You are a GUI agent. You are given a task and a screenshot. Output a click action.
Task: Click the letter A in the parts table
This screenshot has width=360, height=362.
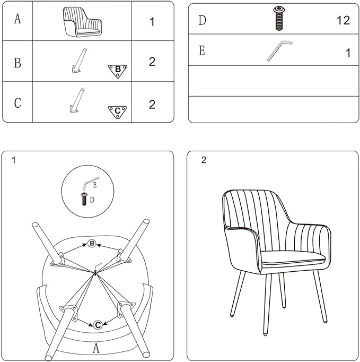17,19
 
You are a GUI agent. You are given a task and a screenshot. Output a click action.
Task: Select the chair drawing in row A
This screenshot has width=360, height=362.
82,22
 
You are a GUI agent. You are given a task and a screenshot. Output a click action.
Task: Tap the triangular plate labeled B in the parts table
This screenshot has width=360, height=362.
117,71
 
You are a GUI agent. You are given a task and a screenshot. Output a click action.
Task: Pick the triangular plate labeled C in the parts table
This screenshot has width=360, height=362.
117,112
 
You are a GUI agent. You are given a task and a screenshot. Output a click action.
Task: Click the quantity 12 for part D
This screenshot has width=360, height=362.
343,20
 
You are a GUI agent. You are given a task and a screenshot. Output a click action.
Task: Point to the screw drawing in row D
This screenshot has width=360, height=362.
279,19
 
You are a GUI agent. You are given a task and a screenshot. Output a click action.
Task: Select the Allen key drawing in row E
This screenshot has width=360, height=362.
279,51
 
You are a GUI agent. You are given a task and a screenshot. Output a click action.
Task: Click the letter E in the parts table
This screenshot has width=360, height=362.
202,50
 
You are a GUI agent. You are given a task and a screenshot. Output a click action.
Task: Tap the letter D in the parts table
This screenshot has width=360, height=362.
202,20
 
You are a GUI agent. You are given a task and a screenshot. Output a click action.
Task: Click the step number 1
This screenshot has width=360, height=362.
14,160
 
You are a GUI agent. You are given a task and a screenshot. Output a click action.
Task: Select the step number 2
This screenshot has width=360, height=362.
204,160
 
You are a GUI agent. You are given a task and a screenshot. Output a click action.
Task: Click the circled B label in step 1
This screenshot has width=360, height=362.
92,243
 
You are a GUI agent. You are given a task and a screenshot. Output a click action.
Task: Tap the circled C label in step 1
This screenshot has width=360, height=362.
98,325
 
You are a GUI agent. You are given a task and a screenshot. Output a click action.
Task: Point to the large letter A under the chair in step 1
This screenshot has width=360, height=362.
96,348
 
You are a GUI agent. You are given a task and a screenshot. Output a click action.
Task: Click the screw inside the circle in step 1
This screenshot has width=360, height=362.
84,199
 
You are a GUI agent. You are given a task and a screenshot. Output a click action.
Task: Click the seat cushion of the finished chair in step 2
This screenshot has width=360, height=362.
293,258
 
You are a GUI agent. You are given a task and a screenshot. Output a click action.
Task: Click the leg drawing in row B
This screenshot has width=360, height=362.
79,61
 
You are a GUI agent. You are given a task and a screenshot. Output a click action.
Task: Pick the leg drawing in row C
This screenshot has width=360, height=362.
77,101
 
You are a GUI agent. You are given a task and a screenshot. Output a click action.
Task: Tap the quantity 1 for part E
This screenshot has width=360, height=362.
348,53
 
